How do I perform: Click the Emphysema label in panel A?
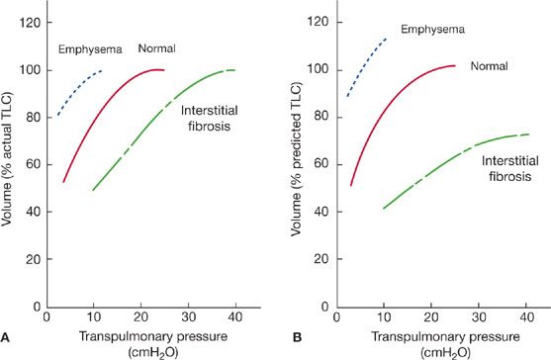[x=89, y=49]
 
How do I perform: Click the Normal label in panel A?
[x=157, y=47]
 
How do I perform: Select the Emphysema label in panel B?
[x=431, y=29]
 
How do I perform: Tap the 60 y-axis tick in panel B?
[x=321, y=164]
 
